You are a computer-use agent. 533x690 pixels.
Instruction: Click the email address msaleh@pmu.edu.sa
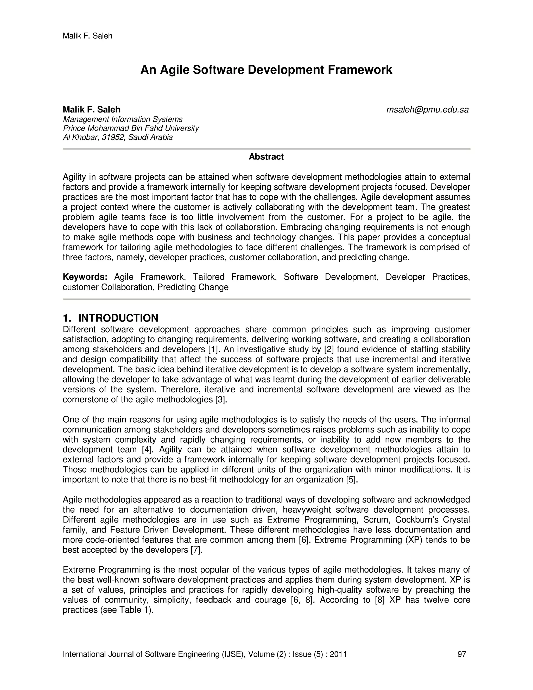[427, 110]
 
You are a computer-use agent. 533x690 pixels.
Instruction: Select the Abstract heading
[266, 157]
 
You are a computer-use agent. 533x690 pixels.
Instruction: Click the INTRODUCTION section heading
[118, 318]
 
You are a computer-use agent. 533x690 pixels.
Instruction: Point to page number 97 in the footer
[462, 654]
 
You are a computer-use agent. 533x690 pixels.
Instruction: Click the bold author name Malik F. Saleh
[92, 110]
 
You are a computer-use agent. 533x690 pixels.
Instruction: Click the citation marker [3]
[221, 400]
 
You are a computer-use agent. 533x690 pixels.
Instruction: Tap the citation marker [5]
[352, 480]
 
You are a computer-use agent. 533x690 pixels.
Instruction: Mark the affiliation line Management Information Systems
[123, 120]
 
